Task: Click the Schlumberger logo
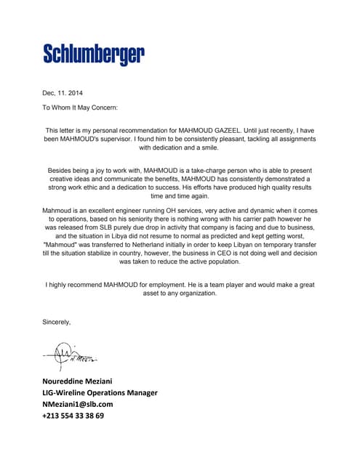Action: pyautogui.click(x=94, y=53)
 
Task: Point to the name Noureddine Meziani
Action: pyautogui.click(x=77, y=381)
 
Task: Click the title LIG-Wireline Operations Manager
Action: pyautogui.click(x=100, y=392)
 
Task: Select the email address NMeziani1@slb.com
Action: pyautogui.click(x=78, y=404)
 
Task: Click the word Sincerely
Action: pyautogui.click(x=57, y=321)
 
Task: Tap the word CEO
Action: pyautogui.click(x=225, y=254)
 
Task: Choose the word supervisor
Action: pyautogui.click(x=129, y=138)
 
